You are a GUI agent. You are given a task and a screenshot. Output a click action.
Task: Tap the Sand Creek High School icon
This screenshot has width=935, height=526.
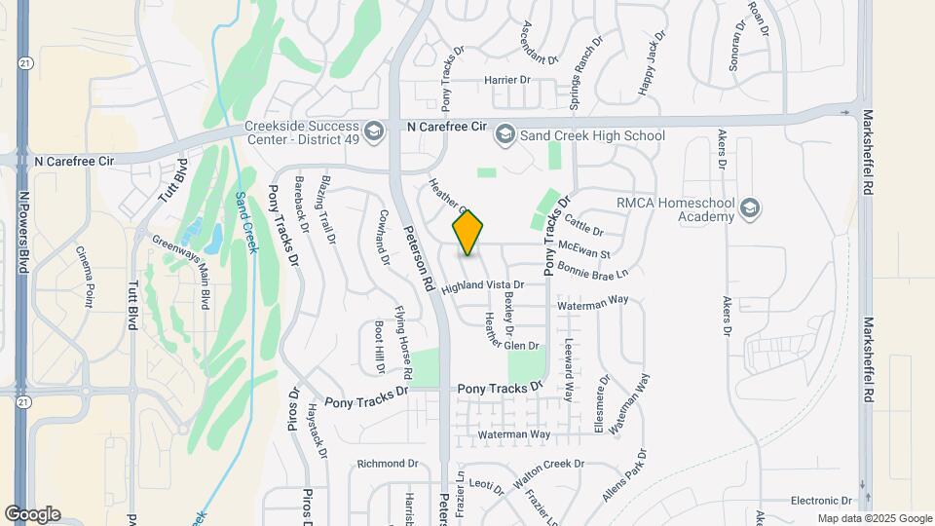[x=505, y=134]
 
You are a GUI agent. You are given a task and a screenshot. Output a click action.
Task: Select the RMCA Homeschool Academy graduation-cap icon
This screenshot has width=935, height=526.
[x=750, y=207]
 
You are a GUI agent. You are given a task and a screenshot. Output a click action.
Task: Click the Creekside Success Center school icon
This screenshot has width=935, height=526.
[x=373, y=131]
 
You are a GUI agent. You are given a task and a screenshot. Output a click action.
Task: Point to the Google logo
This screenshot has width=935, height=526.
[x=32, y=513]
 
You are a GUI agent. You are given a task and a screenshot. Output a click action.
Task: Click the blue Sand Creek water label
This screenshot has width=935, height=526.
[x=246, y=222]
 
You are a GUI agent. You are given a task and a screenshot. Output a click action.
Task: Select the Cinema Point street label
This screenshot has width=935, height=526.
[x=85, y=277]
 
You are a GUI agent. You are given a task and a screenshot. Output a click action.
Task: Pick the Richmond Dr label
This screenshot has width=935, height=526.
[x=387, y=464]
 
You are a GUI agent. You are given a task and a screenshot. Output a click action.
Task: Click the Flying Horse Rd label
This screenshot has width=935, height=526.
[x=403, y=342]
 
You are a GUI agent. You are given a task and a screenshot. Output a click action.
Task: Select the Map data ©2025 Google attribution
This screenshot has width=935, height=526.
[x=874, y=518]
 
